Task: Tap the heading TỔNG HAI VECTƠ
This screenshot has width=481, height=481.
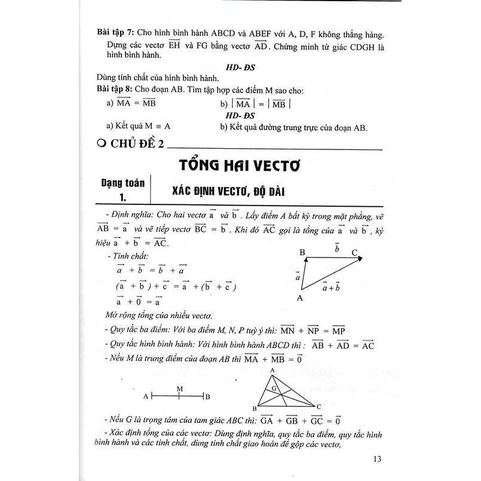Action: [240, 164]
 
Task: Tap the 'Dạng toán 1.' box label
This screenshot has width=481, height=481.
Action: [122, 191]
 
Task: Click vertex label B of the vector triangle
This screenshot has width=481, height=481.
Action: [302, 253]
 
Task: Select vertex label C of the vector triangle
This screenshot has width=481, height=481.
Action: [354, 253]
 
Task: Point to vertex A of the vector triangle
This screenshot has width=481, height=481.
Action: [300, 297]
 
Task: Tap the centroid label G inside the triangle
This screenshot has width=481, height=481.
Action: [274, 388]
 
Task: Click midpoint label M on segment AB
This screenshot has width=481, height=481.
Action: [179, 388]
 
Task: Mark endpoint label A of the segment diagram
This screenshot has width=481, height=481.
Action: [146, 396]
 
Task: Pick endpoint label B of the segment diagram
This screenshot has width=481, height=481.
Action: [207, 396]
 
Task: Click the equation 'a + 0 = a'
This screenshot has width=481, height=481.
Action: [135, 302]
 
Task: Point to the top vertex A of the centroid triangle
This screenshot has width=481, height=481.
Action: [272, 370]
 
